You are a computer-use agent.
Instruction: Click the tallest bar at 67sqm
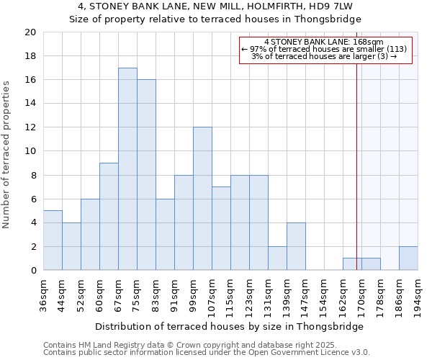(x=127, y=169)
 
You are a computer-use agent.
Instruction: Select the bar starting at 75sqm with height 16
(x=146, y=175)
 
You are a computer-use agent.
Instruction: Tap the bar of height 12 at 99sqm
(x=202, y=199)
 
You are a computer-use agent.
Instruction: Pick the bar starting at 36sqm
(x=53, y=240)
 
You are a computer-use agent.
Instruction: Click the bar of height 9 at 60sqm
(x=109, y=217)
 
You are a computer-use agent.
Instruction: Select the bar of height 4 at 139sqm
(x=296, y=246)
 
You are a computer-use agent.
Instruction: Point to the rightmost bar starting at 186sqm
(x=408, y=258)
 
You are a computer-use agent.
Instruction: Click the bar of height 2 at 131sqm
(x=277, y=258)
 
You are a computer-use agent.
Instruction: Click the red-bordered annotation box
(x=325, y=50)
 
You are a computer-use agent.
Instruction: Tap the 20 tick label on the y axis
(x=30, y=32)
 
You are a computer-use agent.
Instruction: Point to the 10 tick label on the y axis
(x=30, y=151)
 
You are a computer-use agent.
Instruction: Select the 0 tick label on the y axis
(x=33, y=271)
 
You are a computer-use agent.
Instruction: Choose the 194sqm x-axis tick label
(x=418, y=296)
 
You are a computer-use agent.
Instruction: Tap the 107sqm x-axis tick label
(x=212, y=296)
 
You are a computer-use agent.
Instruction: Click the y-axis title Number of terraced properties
(x=7, y=154)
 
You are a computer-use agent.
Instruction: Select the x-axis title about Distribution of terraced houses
(x=229, y=326)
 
